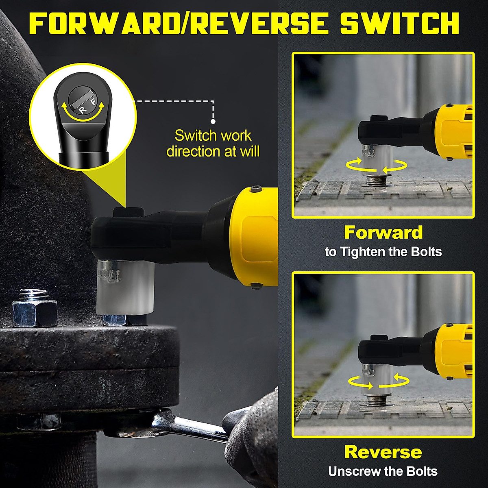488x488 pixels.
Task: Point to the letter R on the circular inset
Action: click(x=83, y=110)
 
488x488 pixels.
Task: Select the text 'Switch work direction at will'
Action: click(x=213, y=143)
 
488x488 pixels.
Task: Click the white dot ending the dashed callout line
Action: click(x=213, y=121)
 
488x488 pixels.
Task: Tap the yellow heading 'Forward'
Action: click(x=383, y=233)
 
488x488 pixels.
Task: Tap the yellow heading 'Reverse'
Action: click(x=383, y=452)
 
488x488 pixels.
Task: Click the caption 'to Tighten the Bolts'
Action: click(x=383, y=252)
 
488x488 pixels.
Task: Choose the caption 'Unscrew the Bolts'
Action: click(x=383, y=471)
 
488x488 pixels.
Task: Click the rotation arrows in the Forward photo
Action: click(x=376, y=166)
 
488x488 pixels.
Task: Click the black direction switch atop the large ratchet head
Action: click(x=128, y=212)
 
